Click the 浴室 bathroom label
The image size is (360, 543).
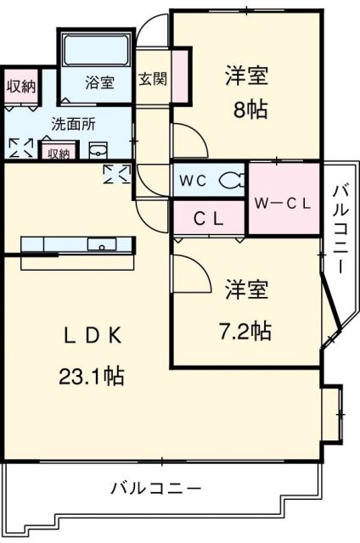coord(99,82)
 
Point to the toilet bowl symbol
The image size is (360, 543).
coord(231,179)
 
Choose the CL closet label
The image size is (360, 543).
coord(207,218)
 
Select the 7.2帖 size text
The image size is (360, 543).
coord(246,330)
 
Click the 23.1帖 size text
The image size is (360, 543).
coord(91,376)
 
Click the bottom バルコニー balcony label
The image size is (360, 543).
coord(156,489)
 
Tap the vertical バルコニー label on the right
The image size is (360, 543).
coord(340,227)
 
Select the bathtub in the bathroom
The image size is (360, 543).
coord(94,48)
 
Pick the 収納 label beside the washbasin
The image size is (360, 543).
coord(58,154)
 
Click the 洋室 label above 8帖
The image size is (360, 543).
coord(246,76)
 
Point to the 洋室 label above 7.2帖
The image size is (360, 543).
coord(246,291)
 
